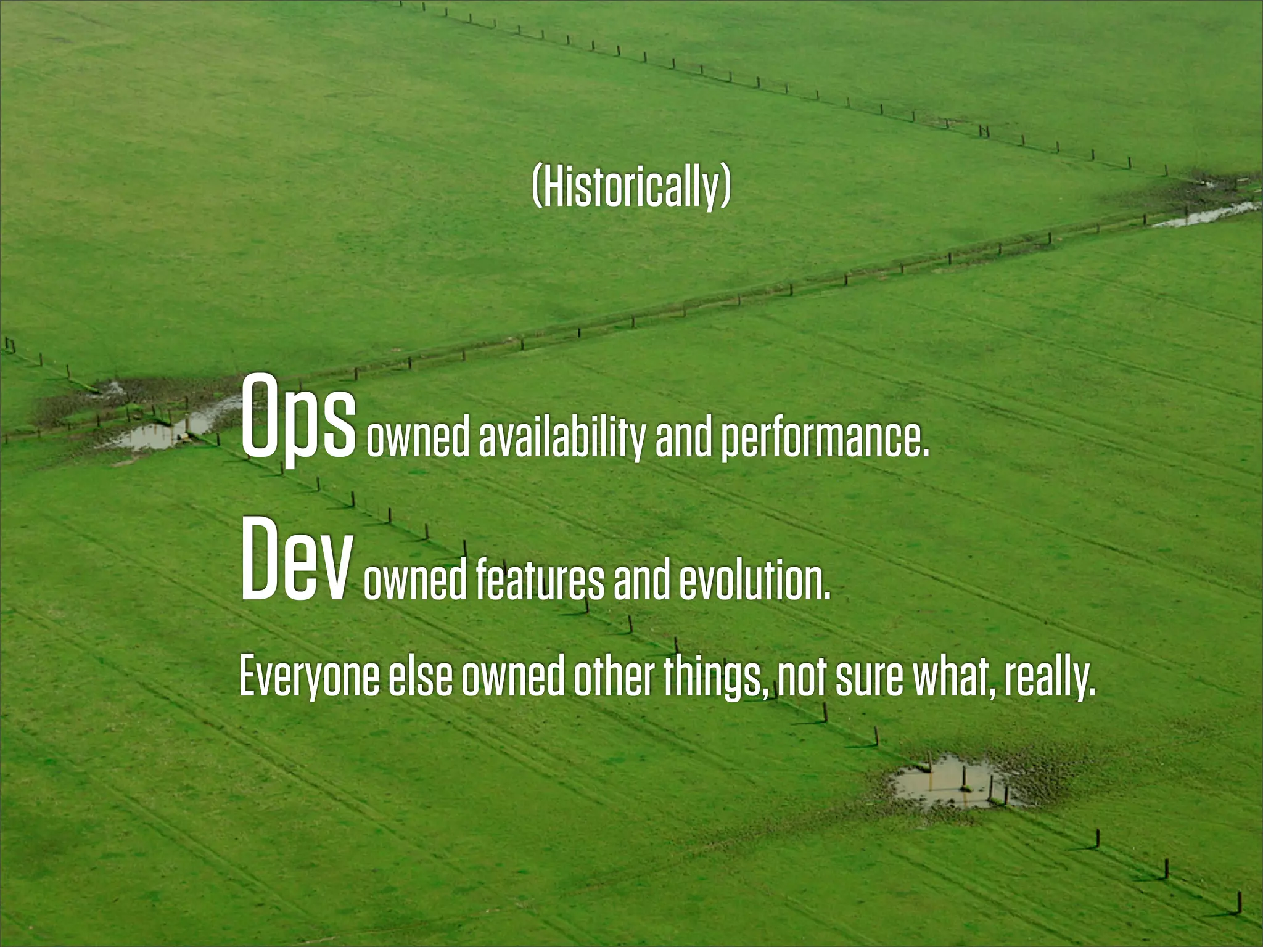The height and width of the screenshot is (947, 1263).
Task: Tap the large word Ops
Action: (298, 417)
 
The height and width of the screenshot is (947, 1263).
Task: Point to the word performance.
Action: (825, 438)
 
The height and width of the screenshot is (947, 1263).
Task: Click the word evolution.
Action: (755, 581)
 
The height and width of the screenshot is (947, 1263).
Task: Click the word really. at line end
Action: (1049, 677)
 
